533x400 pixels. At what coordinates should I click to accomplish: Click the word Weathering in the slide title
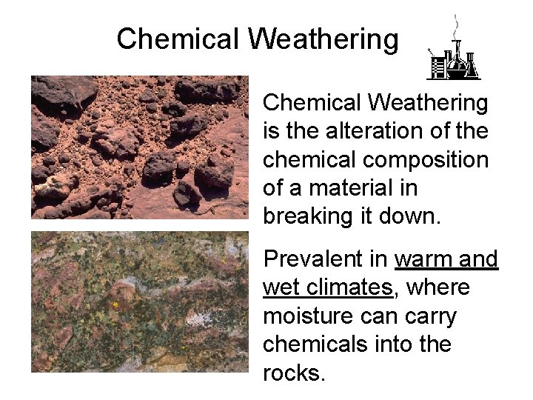point(324,39)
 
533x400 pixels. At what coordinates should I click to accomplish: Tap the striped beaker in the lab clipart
point(438,67)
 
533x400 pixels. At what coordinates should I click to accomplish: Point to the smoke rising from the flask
point(455,26)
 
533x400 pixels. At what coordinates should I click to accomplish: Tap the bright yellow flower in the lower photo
point(115,304)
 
